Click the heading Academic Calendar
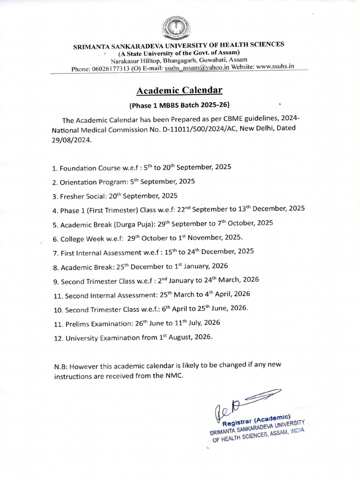(180, 90)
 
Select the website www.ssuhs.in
(275, 66)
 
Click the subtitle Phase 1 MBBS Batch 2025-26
(180, 105)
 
